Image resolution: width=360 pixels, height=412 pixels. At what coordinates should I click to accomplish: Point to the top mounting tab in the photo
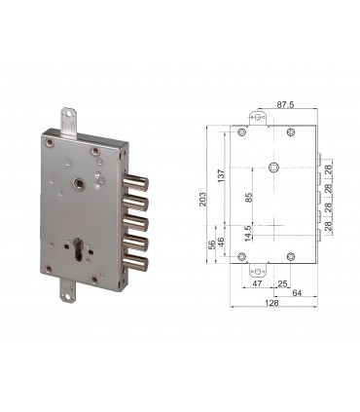tap(71, 122)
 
